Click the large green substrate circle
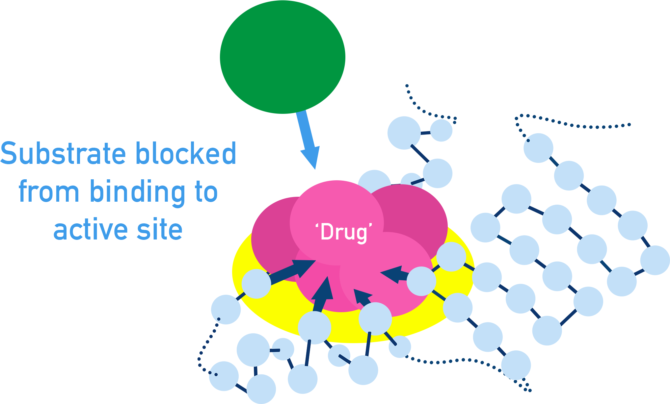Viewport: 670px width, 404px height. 282,57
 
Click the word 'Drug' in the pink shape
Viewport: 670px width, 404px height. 343,232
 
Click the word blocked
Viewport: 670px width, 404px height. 186,154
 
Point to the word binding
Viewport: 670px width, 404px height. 137,192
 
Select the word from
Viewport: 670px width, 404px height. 49,192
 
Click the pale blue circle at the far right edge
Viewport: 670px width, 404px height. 655,260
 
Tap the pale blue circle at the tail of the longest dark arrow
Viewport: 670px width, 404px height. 256,284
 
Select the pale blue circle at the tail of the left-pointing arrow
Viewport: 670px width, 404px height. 421,281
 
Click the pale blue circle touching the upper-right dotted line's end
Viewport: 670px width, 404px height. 538,148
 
